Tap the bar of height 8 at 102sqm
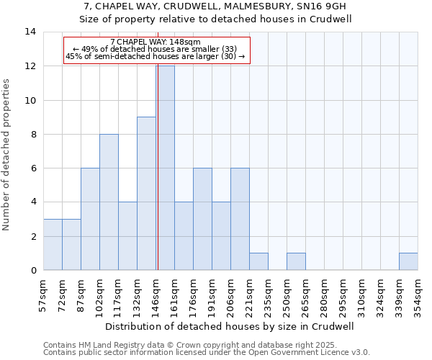click(x=109, y=202)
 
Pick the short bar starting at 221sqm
click(x=258, y=261)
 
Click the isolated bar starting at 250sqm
click(x=296, y=261)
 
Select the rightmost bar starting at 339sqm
click(x=408, y=261)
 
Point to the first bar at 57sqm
click(x=53, y=244)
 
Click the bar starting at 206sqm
click(x=240, y=219)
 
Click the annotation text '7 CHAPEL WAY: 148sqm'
click(x=156, y=42)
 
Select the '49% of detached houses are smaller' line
click(x=156, y=49)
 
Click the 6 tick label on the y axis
click(x=33, y=168)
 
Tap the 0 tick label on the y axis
click(x=33, y=271)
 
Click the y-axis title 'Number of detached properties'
click(x=7, y=155)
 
